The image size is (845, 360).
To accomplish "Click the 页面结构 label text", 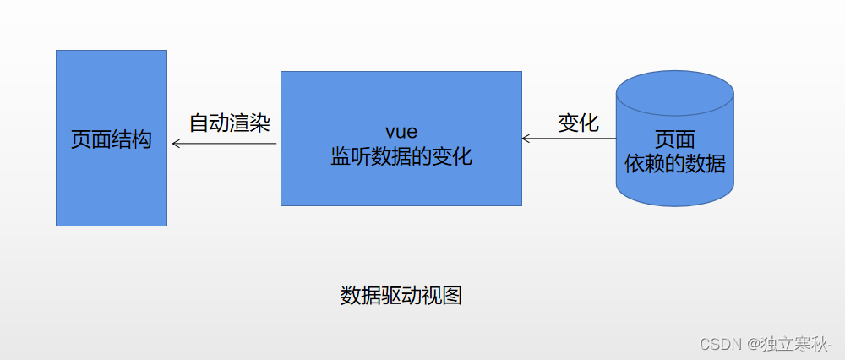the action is pos(112,139).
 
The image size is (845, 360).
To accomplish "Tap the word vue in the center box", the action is pos(401,133).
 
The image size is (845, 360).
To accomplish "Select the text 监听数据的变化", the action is pos(401,157).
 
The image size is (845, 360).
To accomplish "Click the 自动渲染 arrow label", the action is pos(229,123).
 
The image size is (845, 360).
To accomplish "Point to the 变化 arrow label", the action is pos(579,123).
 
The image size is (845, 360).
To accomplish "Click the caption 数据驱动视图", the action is pos(401,296).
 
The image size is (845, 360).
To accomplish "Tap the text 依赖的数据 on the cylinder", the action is pos(674,163).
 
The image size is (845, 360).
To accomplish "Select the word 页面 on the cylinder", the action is pos(674,139).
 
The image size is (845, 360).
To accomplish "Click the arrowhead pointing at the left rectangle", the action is pos(176,144).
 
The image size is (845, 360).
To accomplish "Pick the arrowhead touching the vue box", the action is pos(526,138).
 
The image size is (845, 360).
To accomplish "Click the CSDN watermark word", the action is pos(720,344).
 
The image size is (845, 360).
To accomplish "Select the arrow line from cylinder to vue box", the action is pos(571,138).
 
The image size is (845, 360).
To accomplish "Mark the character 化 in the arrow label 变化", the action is pos(589,123).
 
